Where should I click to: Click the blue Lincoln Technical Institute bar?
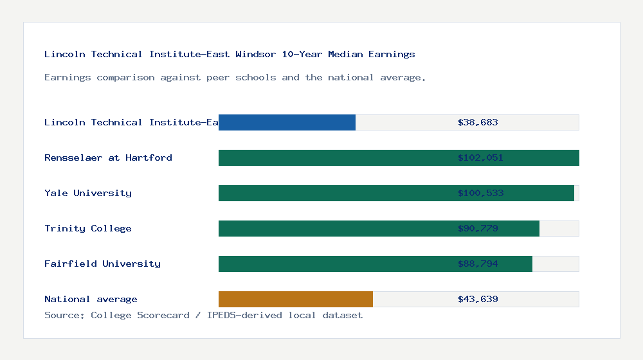pyautogui.click(x=287, y=122)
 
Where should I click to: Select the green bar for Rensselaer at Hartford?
pyautogui.click(x=334, y=157)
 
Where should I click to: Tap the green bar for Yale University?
pyautogui.click(x=334, y=193)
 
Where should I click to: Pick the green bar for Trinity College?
pyautogui.click(x=334, y=228)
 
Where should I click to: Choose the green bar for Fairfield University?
pyautogui.click(x=334, y=264)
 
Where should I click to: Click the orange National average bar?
pyautogui.click(x=296, y=299)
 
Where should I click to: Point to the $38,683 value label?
pyautogui.click(x=478, y=122)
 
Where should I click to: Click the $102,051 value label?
pyautogui.click(x=480, y=157)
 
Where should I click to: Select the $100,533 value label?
pyautogui.click(x=480, y=193)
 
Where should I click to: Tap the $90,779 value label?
pyautogui.click(x=478, y=228)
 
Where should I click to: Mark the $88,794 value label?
pyautogui.click(x=478, y=264)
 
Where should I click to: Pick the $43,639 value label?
pyautogui.click(x=478, y=299)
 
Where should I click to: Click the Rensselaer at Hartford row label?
pyautogui.click(x=108, y=157)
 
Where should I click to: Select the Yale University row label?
pyautogui.click(x=88, y=193)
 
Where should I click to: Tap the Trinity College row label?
pyautogui.click(x=88, y=228)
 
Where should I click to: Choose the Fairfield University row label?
pyautogui.click(x=102, y=264)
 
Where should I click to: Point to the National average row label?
pyautogui.click(x=91, y=299)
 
